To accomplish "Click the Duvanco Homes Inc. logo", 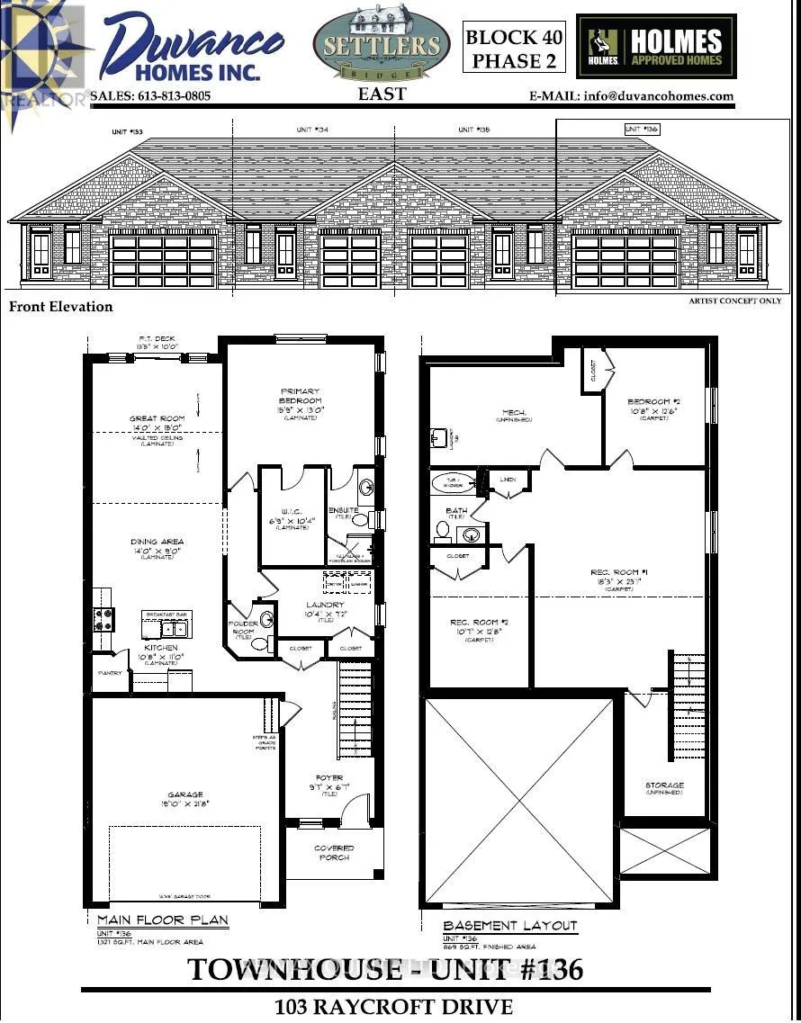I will [189, 45].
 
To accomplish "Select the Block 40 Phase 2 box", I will [515, 49].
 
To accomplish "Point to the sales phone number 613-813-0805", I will [150, 95].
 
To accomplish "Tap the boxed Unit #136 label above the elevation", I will [642, 130].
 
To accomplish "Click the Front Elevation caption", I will [61, 306].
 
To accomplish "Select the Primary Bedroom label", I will [301, 396].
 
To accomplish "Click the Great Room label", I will [157, 418].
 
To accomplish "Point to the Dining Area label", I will [157, 542].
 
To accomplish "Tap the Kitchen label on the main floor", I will [161, 647].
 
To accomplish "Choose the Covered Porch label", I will [334, 853].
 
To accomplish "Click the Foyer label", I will [329, 777].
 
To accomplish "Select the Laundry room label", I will [323, 605].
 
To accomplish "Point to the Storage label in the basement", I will [664, 785].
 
